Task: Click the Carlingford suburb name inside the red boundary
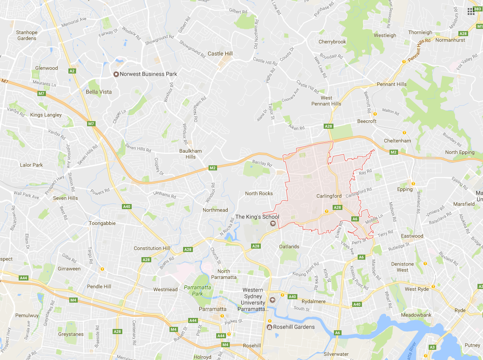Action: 329,196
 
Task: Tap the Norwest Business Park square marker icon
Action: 116,74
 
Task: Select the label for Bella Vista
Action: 99,92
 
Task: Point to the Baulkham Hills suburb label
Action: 190,154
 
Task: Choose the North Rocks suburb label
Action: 259,193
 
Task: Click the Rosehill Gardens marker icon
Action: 269,327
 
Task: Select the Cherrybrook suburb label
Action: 332,42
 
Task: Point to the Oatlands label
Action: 289,247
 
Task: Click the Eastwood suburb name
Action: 412,236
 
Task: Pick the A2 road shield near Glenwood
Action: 72,71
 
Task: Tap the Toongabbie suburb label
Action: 102,223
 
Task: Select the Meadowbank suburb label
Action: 416,315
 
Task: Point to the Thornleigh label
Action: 420,32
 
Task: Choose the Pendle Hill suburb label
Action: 99,286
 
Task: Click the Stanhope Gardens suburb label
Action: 27,35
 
